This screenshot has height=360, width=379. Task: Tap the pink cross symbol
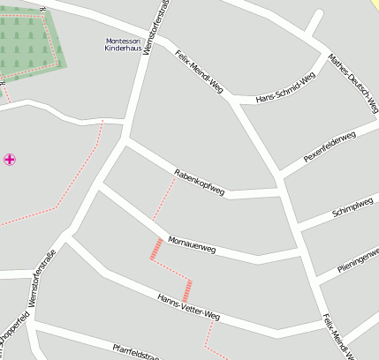click(10, 160)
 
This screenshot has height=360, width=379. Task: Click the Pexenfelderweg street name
click(330, 146)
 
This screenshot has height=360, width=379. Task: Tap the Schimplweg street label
click(352, 208)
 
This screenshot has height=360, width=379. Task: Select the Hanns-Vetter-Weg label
click(188, 306)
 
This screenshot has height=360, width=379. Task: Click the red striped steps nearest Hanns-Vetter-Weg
click(186, 289)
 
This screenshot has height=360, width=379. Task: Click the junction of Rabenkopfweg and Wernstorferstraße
click(126, 139)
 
